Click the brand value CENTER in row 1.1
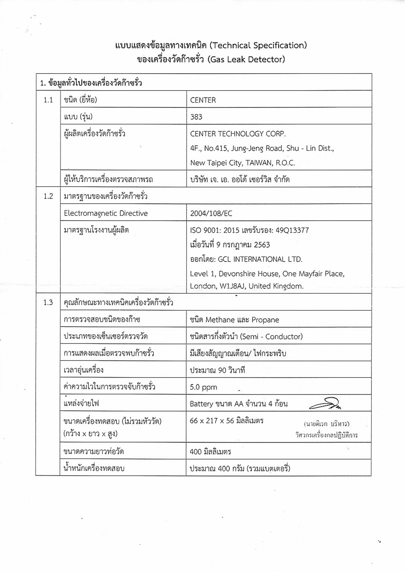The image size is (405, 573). pyautogui.click(x=203, y=100)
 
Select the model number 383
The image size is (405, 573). pyautogui.click(x=196, y=117)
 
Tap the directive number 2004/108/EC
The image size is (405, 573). pyautogui.click(x=211, y=213)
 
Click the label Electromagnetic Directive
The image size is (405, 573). pyautogui.click(x=106, y=213)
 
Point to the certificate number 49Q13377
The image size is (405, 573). pyautogui.click(x=292, y=230)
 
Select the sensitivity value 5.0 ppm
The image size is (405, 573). pyautogui.click(x=203, y=387)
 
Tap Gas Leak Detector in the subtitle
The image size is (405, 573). pyautogui.click(x=246, y=59)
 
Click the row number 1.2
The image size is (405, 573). pyautogui.click(x=48, y=196)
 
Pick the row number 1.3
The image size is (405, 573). pyautogui.click(x=48, y=303)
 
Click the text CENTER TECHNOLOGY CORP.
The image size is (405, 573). pyautogui.click(x=238, y=134)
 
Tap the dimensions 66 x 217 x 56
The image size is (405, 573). pyautogui.click(x=212, y=421)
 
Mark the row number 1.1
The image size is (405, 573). pyautogui.click(x=48, y=100)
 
